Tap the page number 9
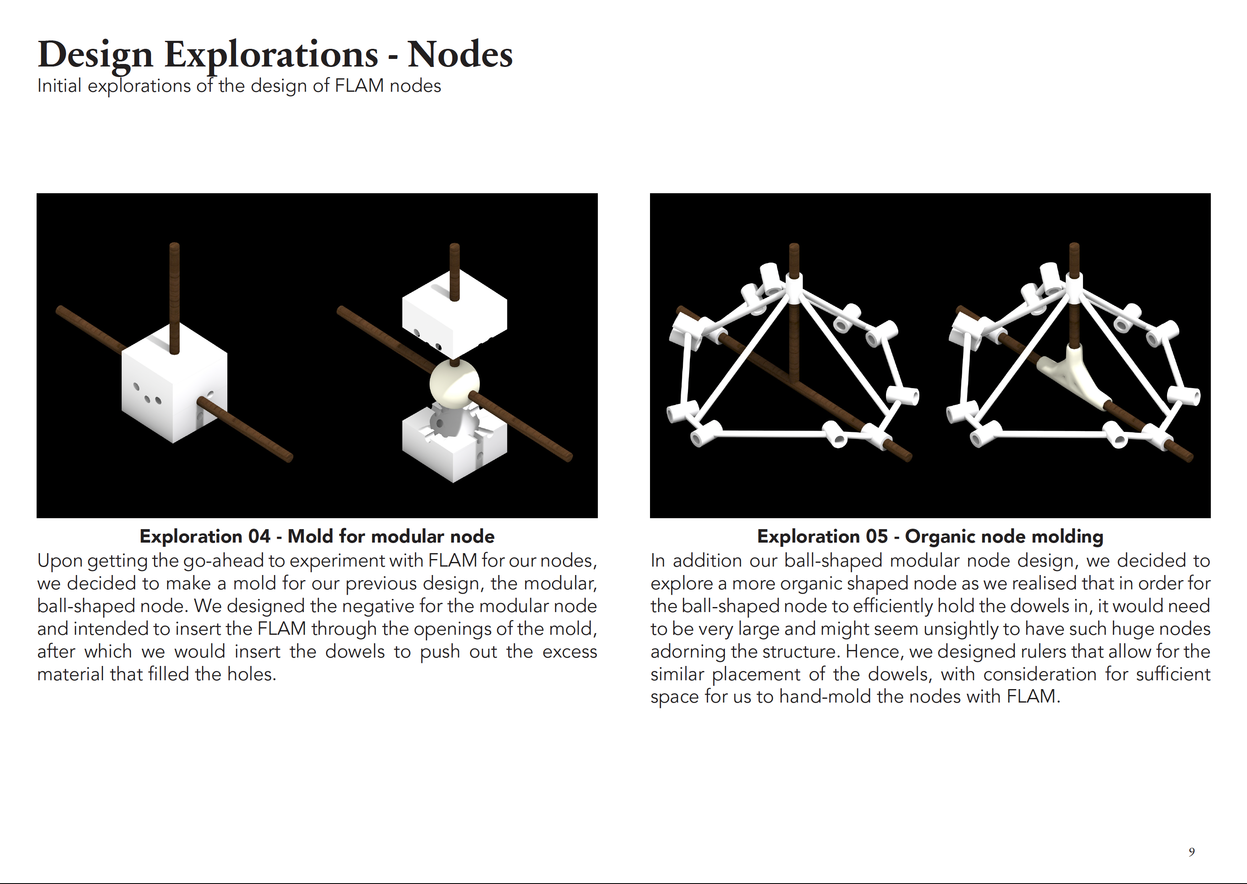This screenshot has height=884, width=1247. (x=1191, y=852)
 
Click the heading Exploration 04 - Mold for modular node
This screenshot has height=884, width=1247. (x=317, y=536)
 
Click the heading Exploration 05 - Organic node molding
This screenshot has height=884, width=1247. (x=930, y=536)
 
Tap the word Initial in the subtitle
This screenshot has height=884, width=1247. (x=59, y=86)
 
